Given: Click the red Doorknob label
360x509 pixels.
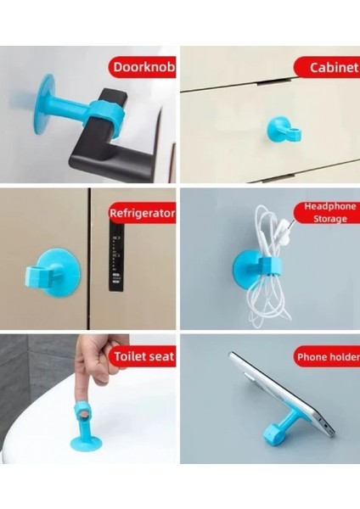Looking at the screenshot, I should (142, 68).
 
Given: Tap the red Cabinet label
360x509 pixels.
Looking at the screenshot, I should (328, 68).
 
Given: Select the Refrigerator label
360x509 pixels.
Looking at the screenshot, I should (142, 214).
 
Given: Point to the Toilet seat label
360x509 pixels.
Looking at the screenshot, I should (142, 357).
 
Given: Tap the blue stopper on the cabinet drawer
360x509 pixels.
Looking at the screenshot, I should (279, 129).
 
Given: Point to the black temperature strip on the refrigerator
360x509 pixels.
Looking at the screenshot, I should (114, 262).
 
